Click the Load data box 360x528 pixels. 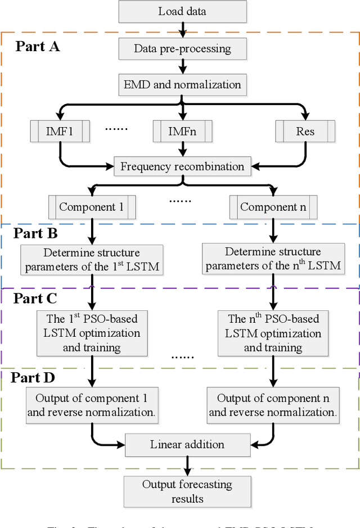[x=182, y=11]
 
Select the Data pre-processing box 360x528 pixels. [x=182, y=48]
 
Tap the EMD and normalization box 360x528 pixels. [x=182, y=85]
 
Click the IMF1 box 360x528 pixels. [x=60, y=132]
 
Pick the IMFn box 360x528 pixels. [x=182, y=132]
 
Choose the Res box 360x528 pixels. [x=305, y=132]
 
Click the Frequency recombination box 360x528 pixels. [x=182, y=166]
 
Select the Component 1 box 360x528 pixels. [x=92, y=207]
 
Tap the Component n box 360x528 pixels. [x=273, y=207]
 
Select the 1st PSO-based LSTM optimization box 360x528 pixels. [x=92, y=333]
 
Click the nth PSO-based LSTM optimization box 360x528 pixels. [x=273, y=333]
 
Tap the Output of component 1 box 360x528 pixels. [x=92, y=405]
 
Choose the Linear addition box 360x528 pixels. [x=187, y=444]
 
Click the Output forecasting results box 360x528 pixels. [x=187, y=491]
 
